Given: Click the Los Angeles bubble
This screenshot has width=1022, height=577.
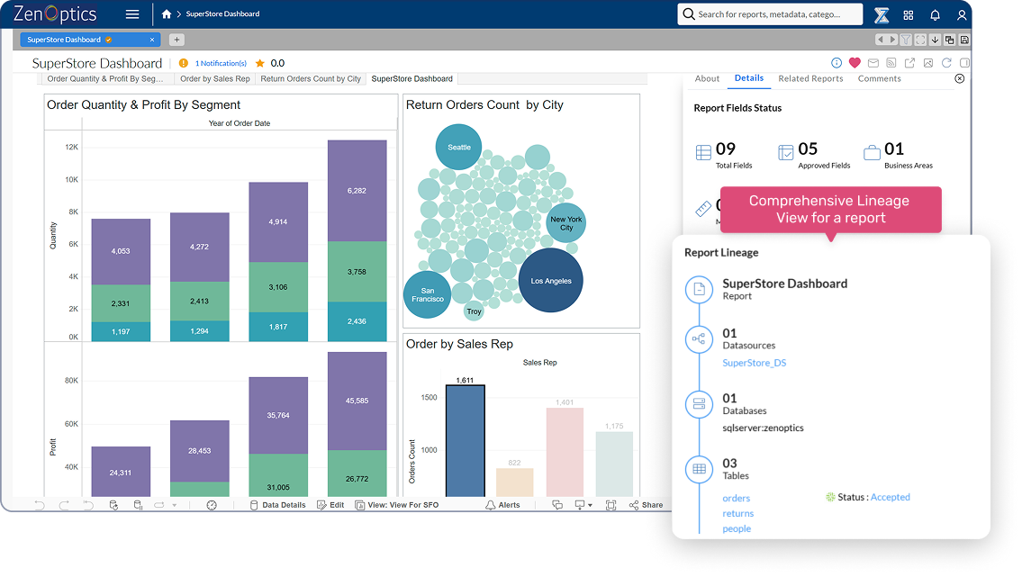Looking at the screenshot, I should point(551,281).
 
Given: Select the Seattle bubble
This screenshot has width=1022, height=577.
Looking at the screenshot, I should point(458,147).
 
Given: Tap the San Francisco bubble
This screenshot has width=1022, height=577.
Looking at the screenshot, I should point(428,294).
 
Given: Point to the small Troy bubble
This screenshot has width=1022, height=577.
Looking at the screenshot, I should point(474,311).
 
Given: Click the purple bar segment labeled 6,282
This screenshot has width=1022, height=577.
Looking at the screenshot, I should point(357,191).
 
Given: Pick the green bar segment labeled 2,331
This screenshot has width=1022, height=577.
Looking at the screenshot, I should point(121,303).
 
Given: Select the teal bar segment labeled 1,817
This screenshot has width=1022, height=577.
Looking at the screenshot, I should point(278,327).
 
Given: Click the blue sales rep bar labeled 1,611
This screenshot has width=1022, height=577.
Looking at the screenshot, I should point(465,440).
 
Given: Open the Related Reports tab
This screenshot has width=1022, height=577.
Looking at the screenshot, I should point(810,78).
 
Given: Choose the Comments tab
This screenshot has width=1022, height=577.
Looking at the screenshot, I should point(879,78).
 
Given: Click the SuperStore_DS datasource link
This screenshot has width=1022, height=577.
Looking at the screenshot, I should point(754,363).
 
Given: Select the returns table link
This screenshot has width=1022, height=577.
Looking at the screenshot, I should point(737,513).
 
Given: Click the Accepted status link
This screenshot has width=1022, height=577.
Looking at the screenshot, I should point(890,497).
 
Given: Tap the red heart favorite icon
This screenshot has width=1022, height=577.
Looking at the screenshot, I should point(855,63).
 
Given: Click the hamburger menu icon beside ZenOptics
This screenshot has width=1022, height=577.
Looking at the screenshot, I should point(132,14).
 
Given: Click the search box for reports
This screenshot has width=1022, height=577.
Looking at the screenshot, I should point(770,14).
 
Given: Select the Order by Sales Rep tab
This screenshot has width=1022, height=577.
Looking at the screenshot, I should point(215,79).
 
